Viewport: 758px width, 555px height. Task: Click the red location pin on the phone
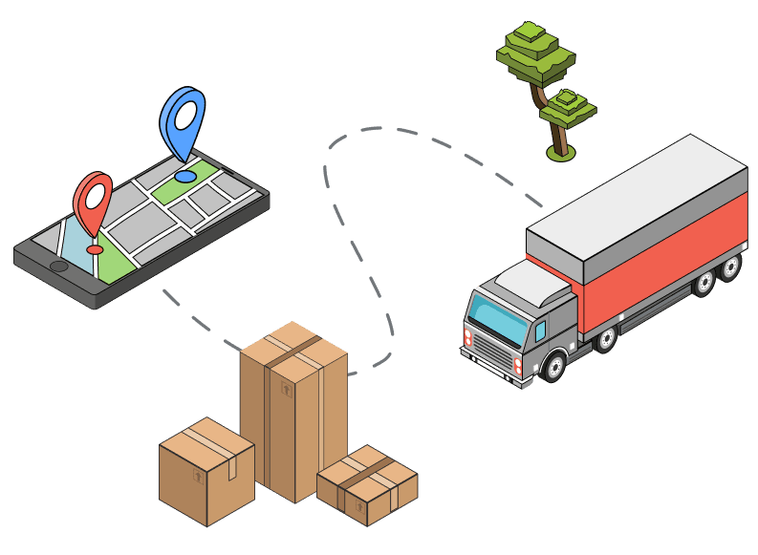93,198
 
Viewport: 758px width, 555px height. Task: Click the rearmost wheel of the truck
730,267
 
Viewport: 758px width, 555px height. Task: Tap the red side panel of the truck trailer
660,262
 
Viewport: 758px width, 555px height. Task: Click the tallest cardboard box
292,411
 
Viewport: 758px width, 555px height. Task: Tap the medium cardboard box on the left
206,470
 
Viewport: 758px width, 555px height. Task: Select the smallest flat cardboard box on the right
367,484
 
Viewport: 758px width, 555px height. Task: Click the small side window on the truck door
541,331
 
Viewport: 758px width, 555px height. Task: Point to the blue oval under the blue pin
184,177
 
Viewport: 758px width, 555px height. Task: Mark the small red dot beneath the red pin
95,249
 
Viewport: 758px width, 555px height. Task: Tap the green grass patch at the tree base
560,153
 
